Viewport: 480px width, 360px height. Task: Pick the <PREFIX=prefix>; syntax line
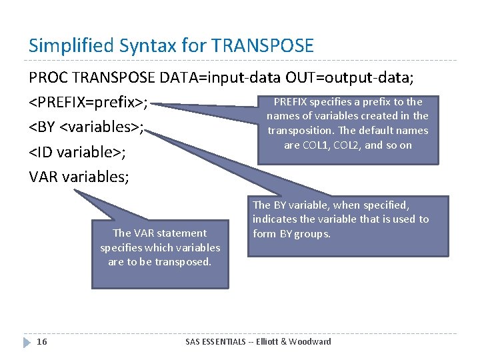[x=89, y=103]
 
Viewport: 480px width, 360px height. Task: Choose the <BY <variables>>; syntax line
[x=87, y=127]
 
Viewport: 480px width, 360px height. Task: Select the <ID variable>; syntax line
[x=78, y=152]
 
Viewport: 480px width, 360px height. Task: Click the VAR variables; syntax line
[x=79, y=177]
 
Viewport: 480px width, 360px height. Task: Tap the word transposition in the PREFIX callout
[x=298, y=131]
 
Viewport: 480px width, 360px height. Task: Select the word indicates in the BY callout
[x=277, y=219]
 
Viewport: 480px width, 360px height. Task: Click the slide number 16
[x=42, y=342]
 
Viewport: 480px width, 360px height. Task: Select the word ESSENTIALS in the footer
[x=231, y=342]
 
